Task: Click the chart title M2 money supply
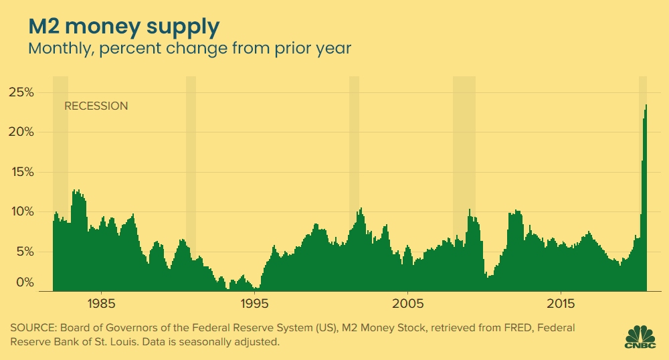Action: point(123,27)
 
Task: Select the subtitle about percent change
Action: point(189,49)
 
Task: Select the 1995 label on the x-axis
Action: point(255,304)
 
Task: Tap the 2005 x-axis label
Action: point(408,304)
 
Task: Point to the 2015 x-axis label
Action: point(561,304)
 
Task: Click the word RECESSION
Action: point(96,106)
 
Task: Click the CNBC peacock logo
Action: point(639,336)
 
